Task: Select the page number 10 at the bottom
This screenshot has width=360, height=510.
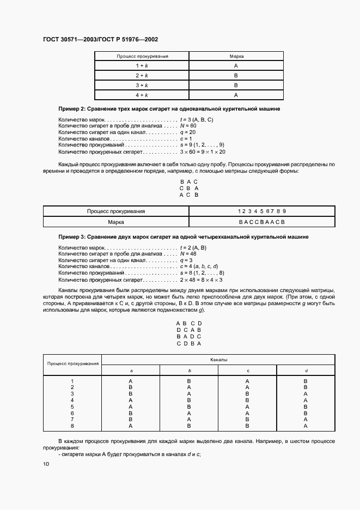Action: [x=46, y=464]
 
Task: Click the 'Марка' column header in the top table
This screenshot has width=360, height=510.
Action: [x=236, y=56]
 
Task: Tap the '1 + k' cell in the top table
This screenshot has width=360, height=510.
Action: [x=142, y=65]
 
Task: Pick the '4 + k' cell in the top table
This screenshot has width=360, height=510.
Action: [x=142, y=95]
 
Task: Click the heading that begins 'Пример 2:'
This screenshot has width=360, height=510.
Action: [x=169, y=109]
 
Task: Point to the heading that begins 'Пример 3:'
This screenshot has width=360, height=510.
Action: [x=184, y=237]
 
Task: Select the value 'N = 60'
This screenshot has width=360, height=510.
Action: [x=188, y=126]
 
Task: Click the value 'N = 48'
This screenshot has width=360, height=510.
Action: [x=188, y=254]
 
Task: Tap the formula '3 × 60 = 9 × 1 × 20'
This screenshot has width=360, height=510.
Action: [x=203, y=152]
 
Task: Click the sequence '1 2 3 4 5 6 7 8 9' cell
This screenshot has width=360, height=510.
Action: [x=261, y=211]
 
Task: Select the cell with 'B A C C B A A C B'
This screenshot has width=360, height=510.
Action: [x=261, y=222]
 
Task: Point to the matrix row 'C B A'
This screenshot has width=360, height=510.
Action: [x=188, y=188]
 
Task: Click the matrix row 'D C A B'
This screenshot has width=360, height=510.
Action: [x=189, y=330]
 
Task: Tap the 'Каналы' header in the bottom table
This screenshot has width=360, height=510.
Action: [x=218, y=360]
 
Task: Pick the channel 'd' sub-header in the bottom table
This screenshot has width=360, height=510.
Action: [x=306, y=371]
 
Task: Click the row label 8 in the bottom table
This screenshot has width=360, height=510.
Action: [x=72, y=426]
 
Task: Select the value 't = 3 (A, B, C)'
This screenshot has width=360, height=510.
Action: [x=196, y=119]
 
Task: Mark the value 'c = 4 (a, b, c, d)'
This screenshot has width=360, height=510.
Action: [x=199, y=267]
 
